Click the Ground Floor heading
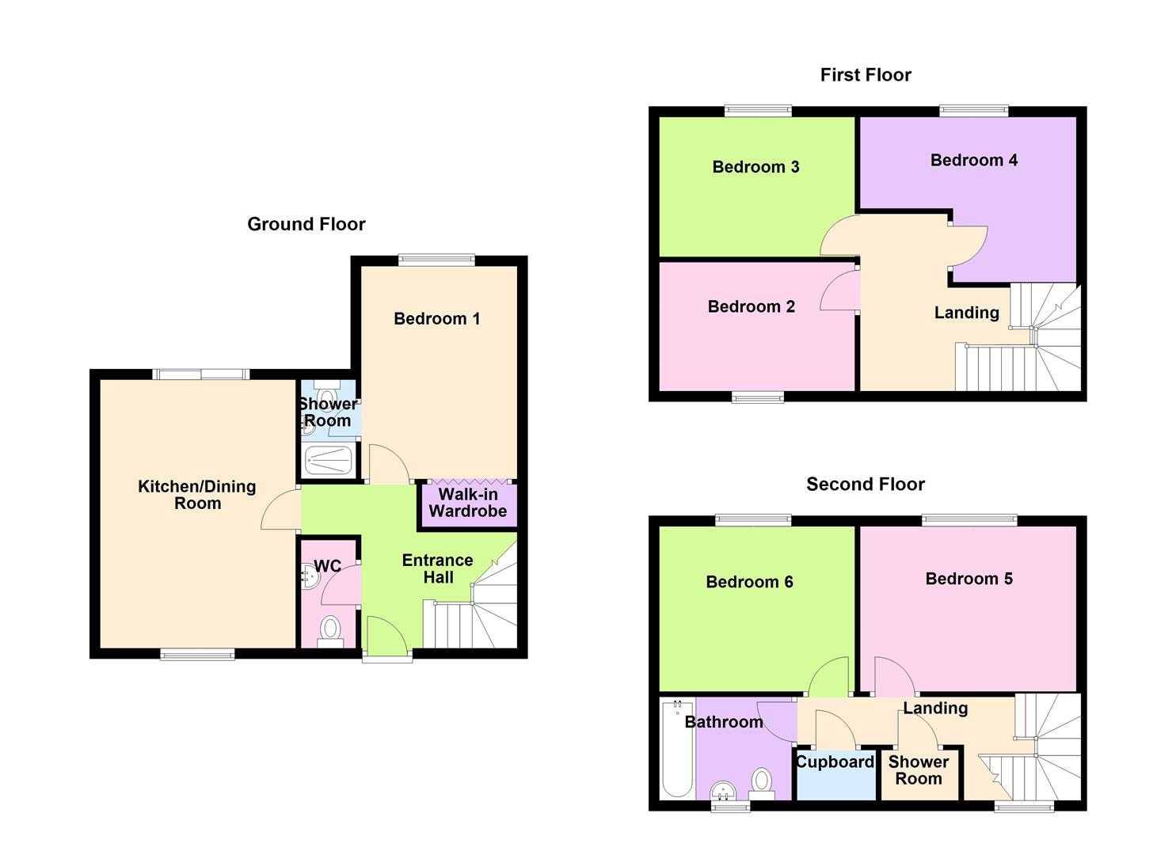pyautogui.click(x=306, y=224)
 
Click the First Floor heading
pyautogui.click(x=865, y=75)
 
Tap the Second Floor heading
pyautogui.click(x=865, y=484)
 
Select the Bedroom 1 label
pyautogui.click(x=436, y=318)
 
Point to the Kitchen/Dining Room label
pyautogui.click(x=196, y=495)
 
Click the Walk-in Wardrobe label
pyautogui.click(x=467, y=503)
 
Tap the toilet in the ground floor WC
pyautogui.click(x=329, y=630)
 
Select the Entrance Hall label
pyautogui.click(x=437, y=568)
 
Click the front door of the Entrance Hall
pyautogui.click(x=387, y=638)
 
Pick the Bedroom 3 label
pyautogui.click(x=755, y=166)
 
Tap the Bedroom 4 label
pyautogui.click(x=973, y=160)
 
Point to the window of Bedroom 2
pyautogui.click(x=757, y=397)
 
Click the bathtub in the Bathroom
pyautogui.click(x=677, y=748)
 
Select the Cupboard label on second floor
pyautogui.click(x=835, y=762)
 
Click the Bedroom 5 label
pyautogui.click(x=969, y=578)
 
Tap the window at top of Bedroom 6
pyautogui.click(x=752, y=520)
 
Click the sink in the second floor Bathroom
pyautogui.click(x=722, y=790)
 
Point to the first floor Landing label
pyautogui.click(x=966, y=313)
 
